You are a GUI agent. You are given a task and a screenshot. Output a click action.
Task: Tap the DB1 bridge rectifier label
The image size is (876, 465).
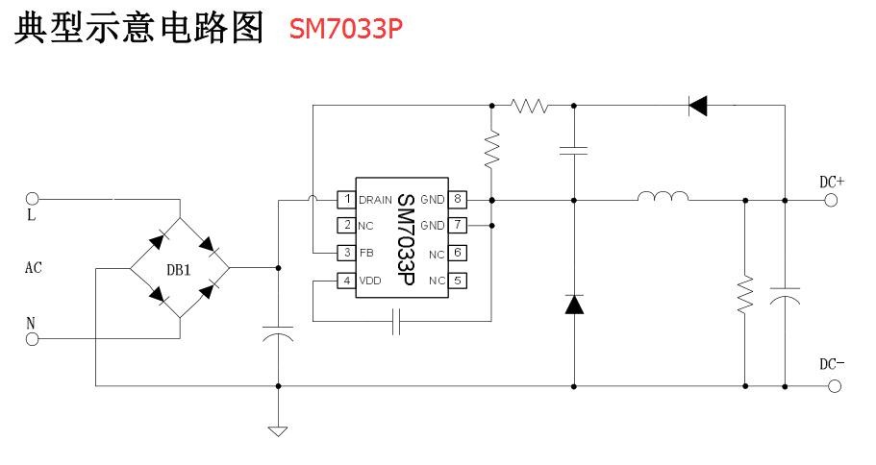pyautogui.click(x=179, y=270)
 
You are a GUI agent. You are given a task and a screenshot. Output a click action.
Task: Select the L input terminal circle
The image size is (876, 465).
pyautogui.click(x=32, y=200)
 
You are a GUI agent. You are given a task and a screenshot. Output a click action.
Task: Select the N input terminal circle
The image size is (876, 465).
pyautogui.click(x=32, y=339)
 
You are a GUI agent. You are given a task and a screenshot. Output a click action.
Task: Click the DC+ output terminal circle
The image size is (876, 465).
pyautogui.click(x=831, y=200)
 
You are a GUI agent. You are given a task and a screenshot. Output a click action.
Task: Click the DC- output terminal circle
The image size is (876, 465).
pyautogui.click(x=831, y=386)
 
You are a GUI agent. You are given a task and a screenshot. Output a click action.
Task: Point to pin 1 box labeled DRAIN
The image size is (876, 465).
pyautogui.click(x=344, y=200)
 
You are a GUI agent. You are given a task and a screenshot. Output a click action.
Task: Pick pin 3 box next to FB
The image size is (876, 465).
pyautogui.click(x=344, y=253)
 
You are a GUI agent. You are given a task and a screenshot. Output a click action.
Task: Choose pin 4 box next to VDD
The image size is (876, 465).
pyautogui.click(x=344, y=281)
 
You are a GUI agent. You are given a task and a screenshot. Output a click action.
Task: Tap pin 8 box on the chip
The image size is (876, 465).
pyautogui.click(x=459, y=200)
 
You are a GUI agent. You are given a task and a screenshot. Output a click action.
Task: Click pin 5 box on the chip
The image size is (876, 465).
pyautogui.click(x=459, y=281)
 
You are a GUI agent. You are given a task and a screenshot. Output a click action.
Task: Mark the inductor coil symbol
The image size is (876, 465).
pyautogui.click(x=663, y=199)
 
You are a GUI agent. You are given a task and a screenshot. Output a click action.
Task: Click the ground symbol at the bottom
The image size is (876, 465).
pyautogui.click(x=278, y=429)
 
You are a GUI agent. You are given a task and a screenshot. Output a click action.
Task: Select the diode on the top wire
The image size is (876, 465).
pyautogui.click(x=698, y=105)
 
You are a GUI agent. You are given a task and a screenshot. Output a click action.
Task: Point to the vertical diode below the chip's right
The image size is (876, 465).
pyautogui.click(x=574, y=305)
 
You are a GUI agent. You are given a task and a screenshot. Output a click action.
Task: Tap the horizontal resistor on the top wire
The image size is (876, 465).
pyautogui.click(x=529, y=105)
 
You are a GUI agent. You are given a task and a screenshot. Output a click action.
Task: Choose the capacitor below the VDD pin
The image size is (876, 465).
pyautogui.click(x=396, y=323)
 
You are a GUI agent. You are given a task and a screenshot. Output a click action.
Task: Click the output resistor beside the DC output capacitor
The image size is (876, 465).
pyautogui.click(x=745, y=295)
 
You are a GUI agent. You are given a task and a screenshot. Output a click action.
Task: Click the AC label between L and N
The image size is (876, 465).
pyautogui.click(x=33, y=269)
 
